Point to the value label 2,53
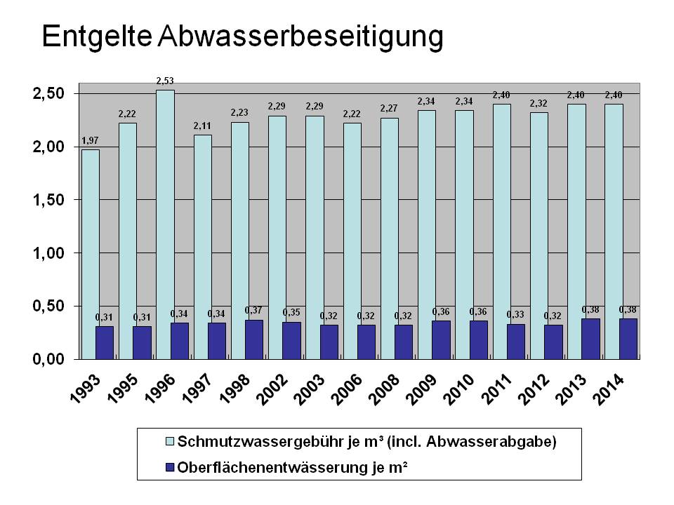point(165,82)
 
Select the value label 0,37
point(253,310)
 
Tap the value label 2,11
point(202,126)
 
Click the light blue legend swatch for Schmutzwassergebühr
point(169,442)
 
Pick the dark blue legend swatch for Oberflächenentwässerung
point(169,465)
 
